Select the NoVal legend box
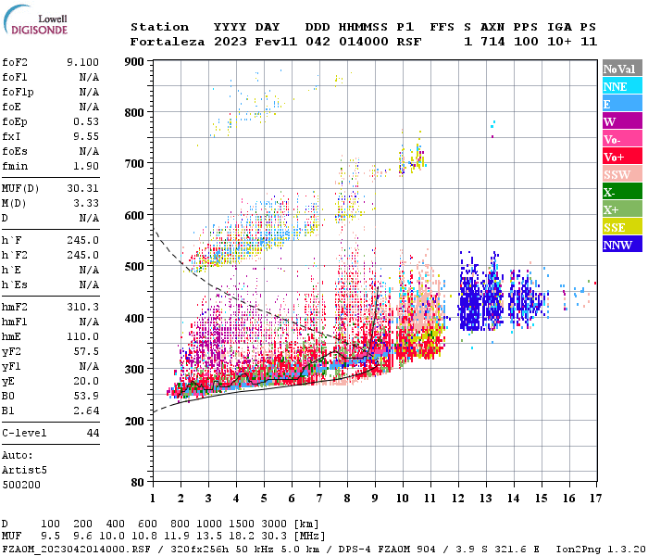point(620,69)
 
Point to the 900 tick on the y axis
point(135,62)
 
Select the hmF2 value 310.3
point(82,307)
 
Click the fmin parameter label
point(16,166)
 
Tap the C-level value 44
point(93,433)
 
